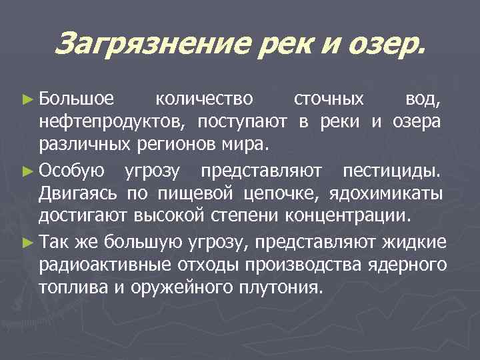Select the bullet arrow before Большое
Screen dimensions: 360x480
[x=27, y=101]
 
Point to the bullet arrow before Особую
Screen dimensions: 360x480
[x=27, y=172]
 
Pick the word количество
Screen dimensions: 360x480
[x=203, y=100]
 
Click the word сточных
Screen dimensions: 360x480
[x=329, y=100]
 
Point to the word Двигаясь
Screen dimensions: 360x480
[x=79, y=193]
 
